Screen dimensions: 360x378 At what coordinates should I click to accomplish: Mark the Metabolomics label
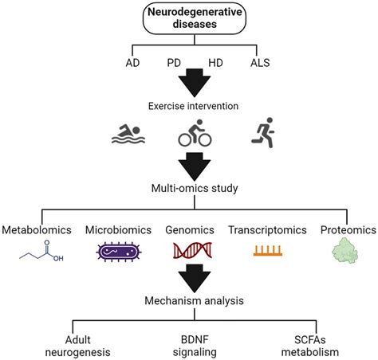pyautogui.click(x=37, y=230)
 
